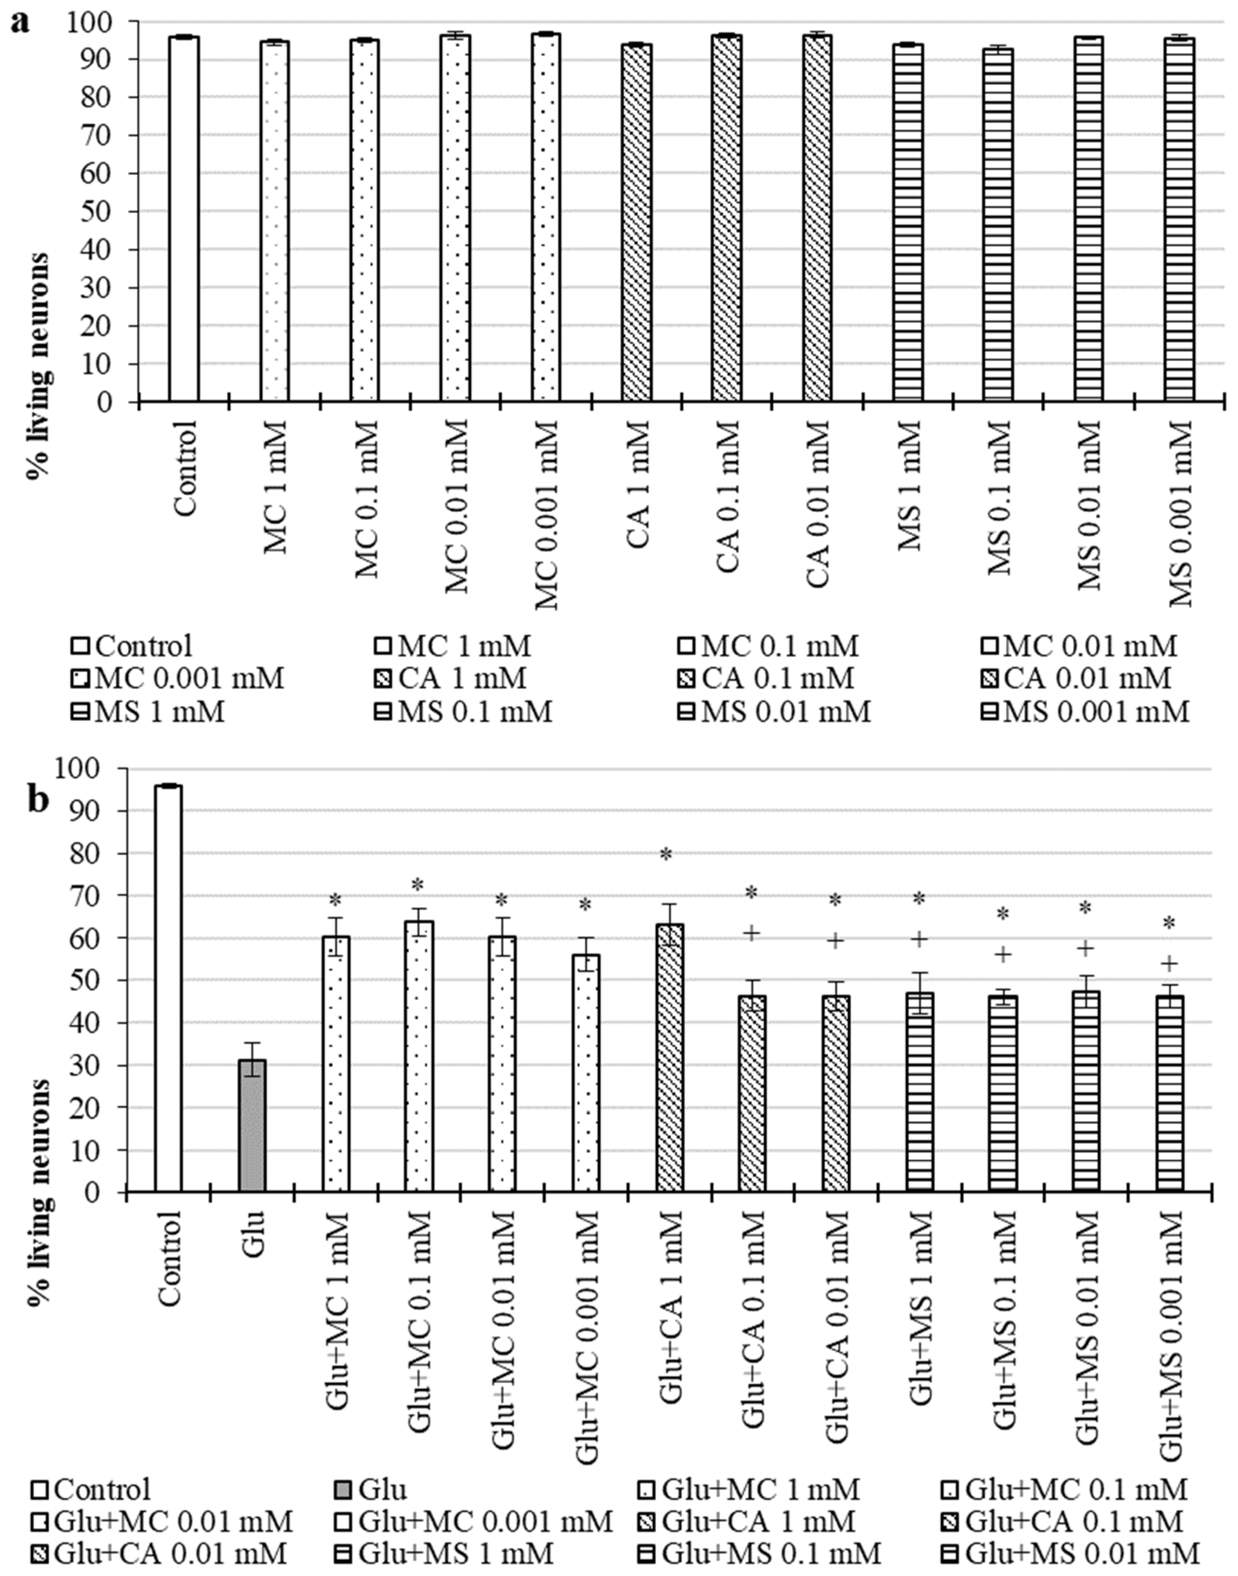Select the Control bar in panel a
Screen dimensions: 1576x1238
click(x=184, y=218)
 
